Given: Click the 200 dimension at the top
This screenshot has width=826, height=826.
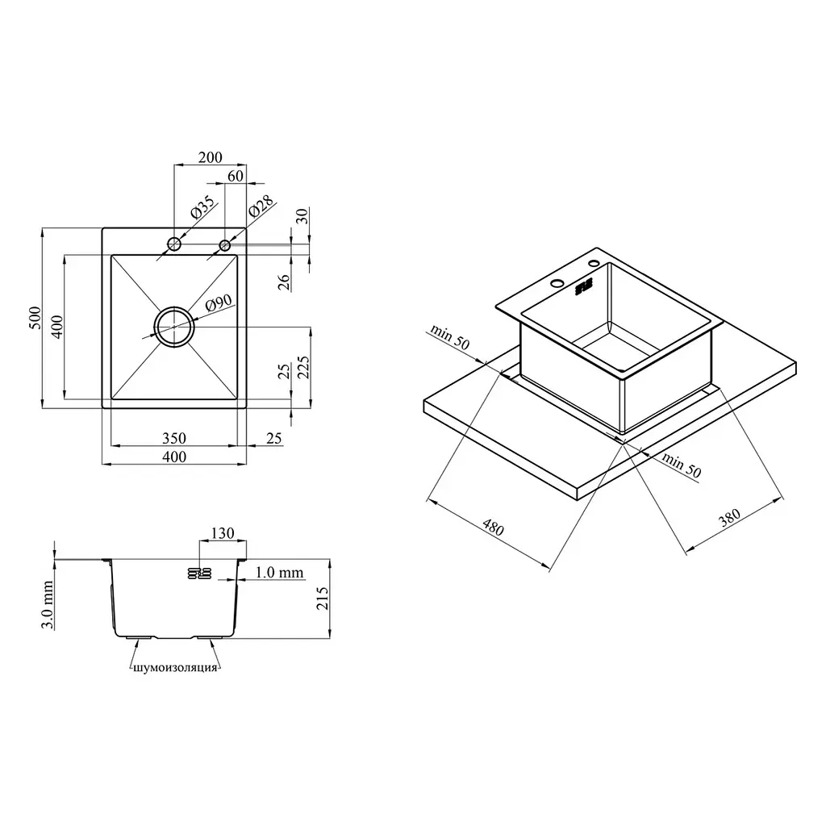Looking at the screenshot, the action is pyautogui.click(x=211, y=157).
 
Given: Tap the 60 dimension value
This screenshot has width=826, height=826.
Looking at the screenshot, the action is pyautogui.click(x=236, y=176).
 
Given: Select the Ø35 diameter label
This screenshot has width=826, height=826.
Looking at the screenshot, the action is pyautogui.click(x=202, y=207).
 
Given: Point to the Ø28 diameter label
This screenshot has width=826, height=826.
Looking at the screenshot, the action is pyautogui.click(x=261, y=206).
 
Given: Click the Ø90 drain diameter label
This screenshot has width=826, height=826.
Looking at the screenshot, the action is pyautogui.click(x=219, y=303).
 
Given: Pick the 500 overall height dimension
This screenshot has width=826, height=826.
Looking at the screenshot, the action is pyautogui.click(x=35, y=318).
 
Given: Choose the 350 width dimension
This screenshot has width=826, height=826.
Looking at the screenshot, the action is pyautogui.click(x=174, y=438).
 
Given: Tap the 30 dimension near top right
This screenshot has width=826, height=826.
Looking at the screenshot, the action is pyautogui.click(x=302, y=216).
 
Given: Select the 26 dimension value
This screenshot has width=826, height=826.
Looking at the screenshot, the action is pyautogui.click(x=284, y=282).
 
